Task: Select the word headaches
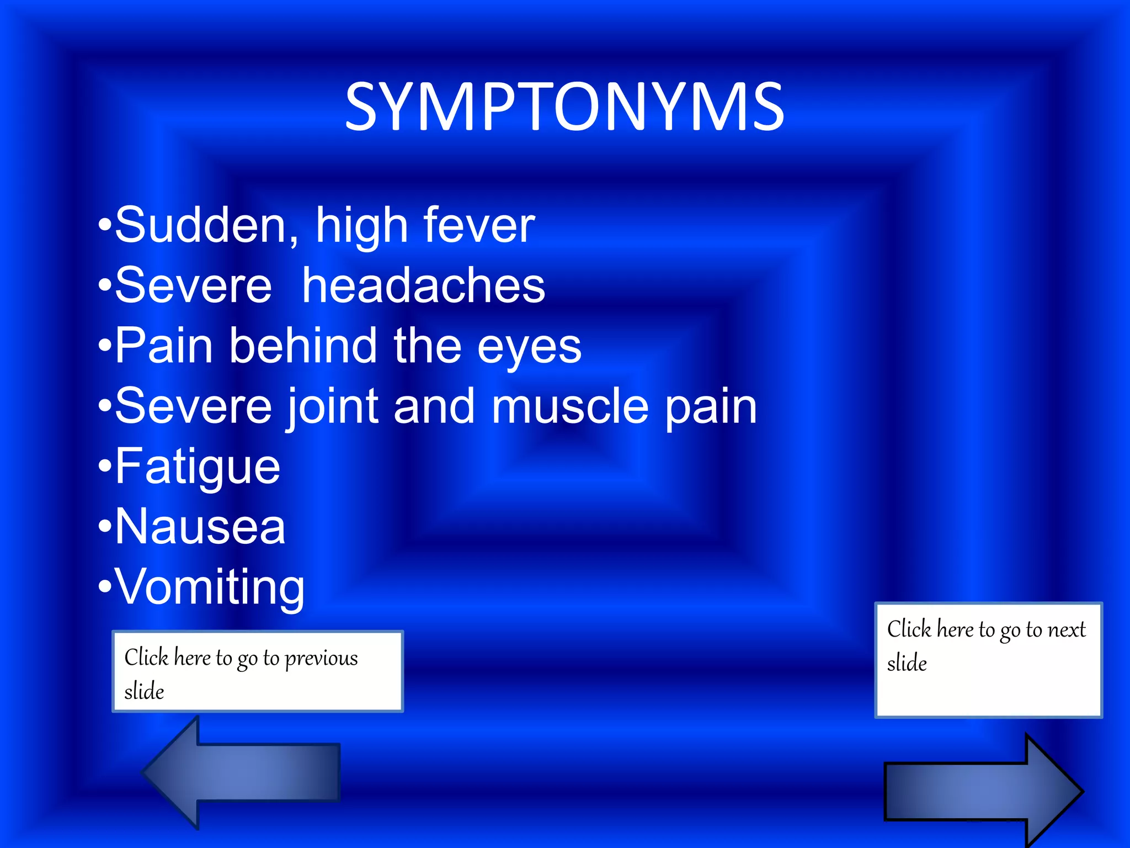[x=423, y=285]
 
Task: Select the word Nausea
[x=200, y=527]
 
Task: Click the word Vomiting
[x=210, y=587]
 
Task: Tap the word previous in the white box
[x=321, y=659]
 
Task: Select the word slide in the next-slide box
[x=907, y=663]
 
